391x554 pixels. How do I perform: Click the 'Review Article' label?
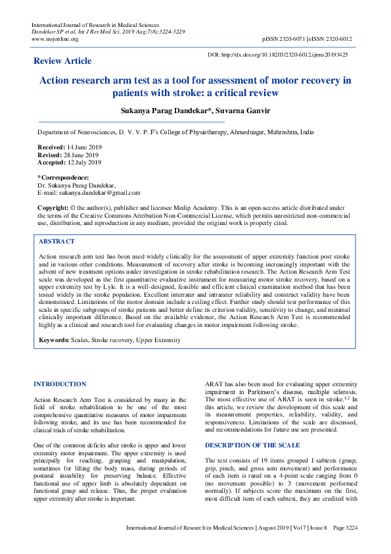click(x=62, y=61)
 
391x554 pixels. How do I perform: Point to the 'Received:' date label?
click(x=51, y=147)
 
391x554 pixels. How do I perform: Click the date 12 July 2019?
click(x=84, y=163)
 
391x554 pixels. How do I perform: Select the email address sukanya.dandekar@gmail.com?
click(x=99, y=193)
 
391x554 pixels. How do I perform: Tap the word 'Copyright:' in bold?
click(x=53, y=207)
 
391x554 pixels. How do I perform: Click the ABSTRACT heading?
click(x=57, y=241)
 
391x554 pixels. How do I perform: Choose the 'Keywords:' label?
click(x=54, y=340)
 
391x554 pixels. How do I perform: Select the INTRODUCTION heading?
click(x=60, y=384)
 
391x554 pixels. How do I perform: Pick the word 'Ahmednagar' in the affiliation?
click(x=245, y=132)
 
